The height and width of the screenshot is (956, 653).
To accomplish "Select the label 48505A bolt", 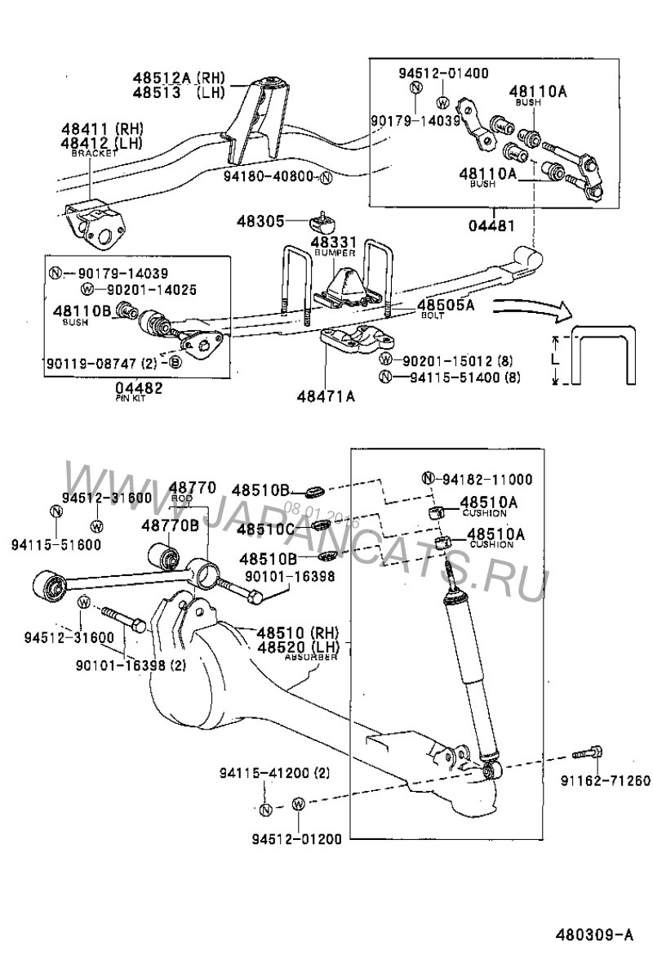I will coord(446,305).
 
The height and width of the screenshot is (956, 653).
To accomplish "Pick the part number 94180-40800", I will coord(270,176).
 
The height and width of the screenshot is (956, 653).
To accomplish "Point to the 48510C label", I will coord(264,529).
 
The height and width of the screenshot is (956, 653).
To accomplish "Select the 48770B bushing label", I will coord(170,525).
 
